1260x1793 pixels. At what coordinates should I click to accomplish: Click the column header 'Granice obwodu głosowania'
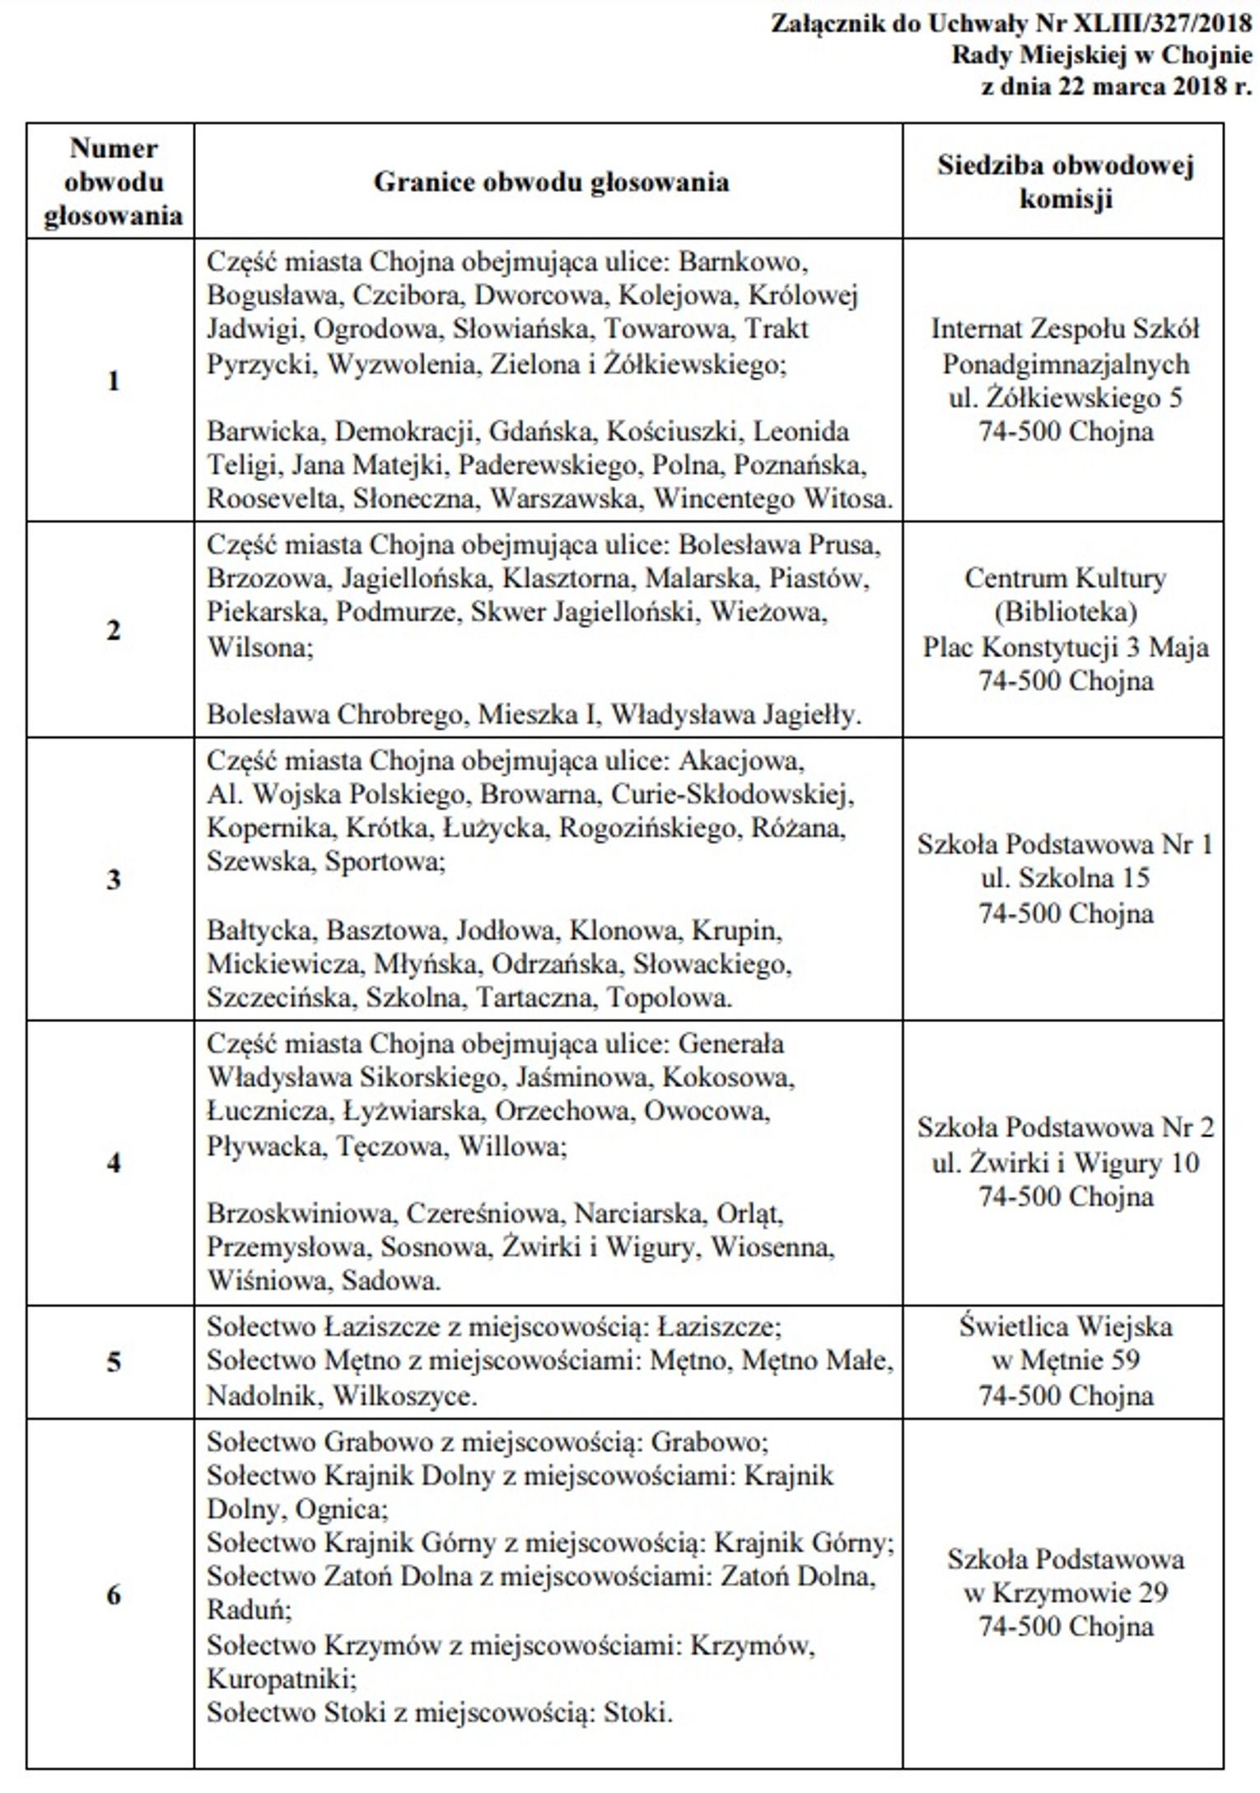pyautogui.click(x=551, y=181)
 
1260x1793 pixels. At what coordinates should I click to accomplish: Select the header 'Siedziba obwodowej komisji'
pyautogui.click(x=1065, y=182)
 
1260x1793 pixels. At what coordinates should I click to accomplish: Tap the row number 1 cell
pyautogui.click(x=114, y=381)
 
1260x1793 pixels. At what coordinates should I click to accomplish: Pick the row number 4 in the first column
pyautogui.click(x=114, y=1162)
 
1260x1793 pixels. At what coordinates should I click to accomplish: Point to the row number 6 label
pyautogui.click(x=114, y=1595)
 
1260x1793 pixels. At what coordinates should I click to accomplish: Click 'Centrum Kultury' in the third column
pyautogui.click(x=1065, y=578)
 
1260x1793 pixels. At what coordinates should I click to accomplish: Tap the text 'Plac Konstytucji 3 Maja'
pyautogui.click(x=1065, y=647)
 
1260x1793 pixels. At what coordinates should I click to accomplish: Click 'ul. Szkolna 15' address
pyautogui.click(x=1065, y=879)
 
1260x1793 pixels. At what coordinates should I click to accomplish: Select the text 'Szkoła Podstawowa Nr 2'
pyautogui.click(x=1065, y=1128)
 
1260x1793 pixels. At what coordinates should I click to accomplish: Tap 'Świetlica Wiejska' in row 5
pyautogui.click(x=1065, y=1327)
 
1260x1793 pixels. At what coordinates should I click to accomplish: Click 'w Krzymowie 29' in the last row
pyautogui.click(x=1065, y=1593)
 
